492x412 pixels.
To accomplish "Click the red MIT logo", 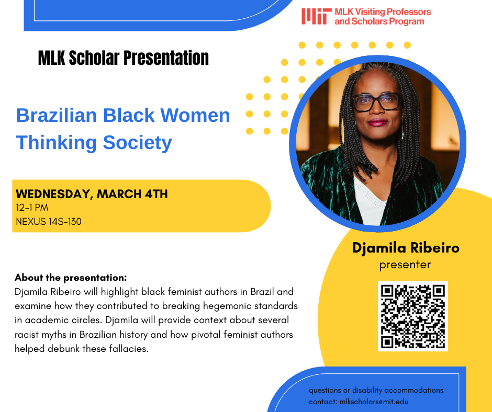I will pyautogui.click(x=316, y=16).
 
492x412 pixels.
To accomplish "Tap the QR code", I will pyautogui.click(x=412, y=316).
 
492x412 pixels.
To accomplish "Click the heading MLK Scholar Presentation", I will pyautogui.click(x=123, y=58).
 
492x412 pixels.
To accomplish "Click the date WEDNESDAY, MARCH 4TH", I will pyautogui.click(x=92, y=194).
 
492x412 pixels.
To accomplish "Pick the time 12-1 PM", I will pyautogui.click(x=32, y=208).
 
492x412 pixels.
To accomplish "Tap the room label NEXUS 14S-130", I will pyautogui.click(x=49, y=222).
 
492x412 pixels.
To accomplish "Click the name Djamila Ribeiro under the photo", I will pyautogui.click(x=406, y=248).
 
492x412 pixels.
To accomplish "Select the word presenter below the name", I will pyautogui.click(x=405, y=265).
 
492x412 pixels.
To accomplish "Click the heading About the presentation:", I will pyautogui.click(x=71, y=278).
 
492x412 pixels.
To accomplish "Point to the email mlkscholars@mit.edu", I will pyautogui.click(x=374, y=402).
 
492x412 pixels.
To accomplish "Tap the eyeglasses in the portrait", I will pyautogui.click(x=376, y=101).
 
